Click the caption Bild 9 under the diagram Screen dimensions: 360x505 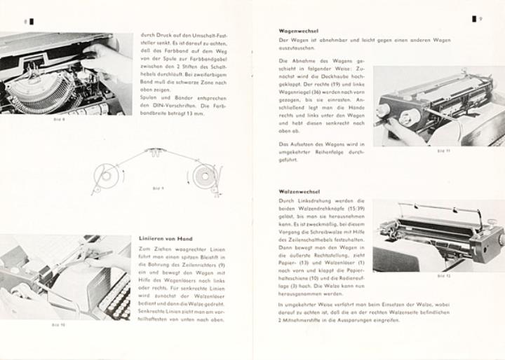pos(158,188)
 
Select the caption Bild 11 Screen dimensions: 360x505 pos(443,151)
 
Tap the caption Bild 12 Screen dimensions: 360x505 pos(443,276)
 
